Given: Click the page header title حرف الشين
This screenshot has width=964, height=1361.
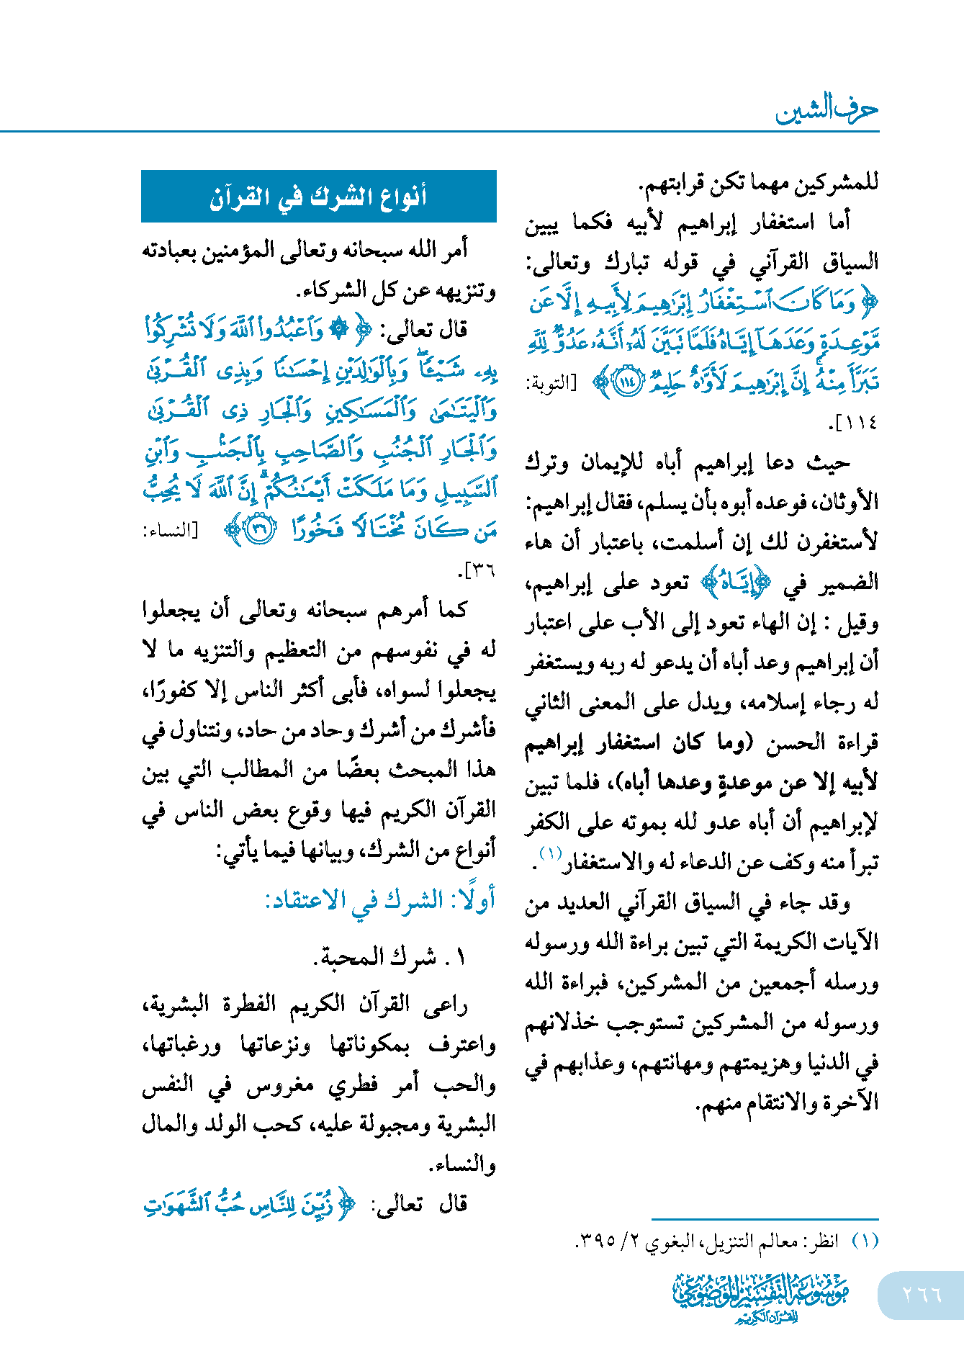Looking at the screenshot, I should point(826,111).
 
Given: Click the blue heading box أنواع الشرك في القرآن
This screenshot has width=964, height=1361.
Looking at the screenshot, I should point(318,196).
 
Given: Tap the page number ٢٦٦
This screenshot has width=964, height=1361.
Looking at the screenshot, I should point(922,1295).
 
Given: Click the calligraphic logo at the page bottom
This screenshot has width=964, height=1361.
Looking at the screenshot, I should point(761,1297).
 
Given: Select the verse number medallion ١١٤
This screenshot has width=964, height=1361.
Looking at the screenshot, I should point(626,382).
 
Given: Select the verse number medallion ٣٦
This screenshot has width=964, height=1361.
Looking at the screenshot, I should point(259,531).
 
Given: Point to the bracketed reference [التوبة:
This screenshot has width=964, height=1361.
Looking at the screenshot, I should point(551,383).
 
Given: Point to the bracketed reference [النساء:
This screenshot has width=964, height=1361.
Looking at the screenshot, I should point(170,531).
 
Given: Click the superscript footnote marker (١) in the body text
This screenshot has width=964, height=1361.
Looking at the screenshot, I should point(550,854).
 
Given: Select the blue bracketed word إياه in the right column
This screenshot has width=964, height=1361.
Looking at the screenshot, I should point(731,583).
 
